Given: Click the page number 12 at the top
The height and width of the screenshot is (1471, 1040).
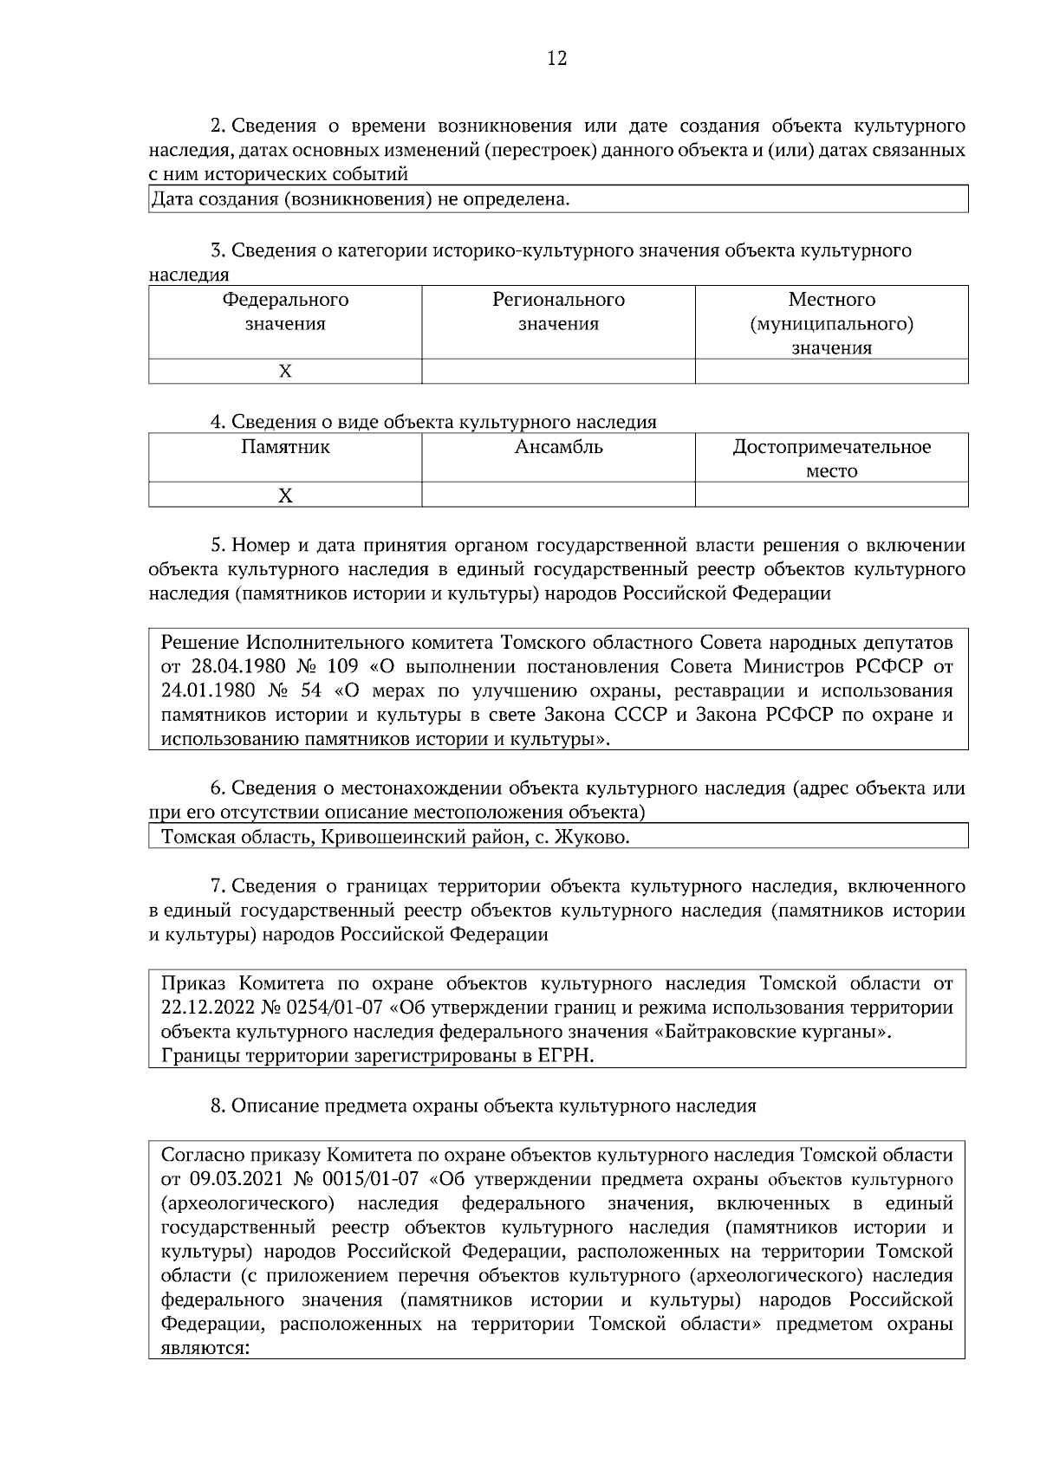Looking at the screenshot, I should (x=556, y=58).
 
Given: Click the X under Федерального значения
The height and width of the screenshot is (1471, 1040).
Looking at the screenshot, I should (x=285, y=372).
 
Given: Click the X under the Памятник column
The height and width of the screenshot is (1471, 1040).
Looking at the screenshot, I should (x=285, y=496).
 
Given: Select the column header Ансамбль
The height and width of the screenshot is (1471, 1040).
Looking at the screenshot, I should (x=558, y=447).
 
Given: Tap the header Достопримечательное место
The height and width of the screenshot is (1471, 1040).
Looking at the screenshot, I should (x=831, y=458).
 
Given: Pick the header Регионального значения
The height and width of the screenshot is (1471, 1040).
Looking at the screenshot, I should (x=558, y=312).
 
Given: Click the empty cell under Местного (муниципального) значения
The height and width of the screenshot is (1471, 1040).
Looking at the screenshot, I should (x=831, y=372).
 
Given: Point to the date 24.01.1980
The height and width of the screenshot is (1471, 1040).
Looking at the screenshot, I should (x=205, y=691).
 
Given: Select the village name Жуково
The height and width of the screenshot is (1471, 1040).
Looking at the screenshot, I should (x=592, y=838).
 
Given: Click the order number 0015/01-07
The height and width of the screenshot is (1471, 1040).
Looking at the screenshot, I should (x=370, y=1179).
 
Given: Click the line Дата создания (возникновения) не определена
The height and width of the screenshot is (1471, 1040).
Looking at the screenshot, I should (x=361, y=200).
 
